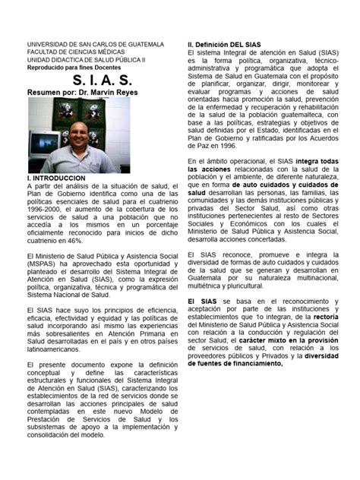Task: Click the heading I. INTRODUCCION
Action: pyautogui.click(x=57, y=177)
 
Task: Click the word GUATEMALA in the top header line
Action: pyautogui.click(x=147, y=46)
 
